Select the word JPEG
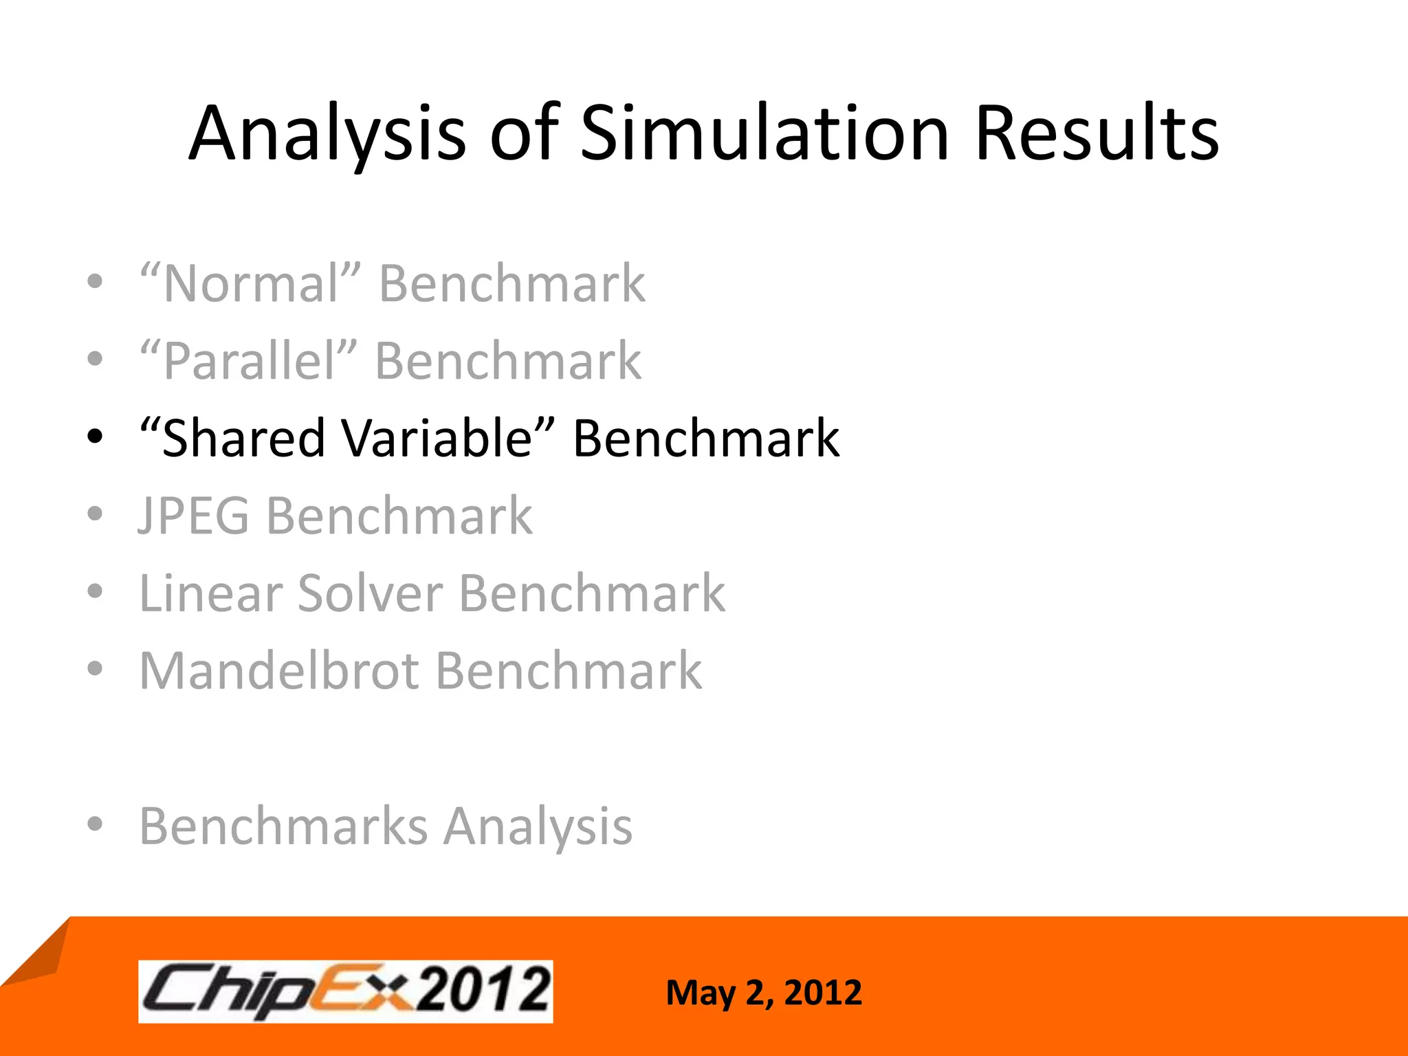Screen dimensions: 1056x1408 pyautogui.click(x=194, y=516)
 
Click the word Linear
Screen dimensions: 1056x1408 pyautogui.click(x=209, y=593)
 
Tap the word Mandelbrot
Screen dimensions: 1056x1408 pyautogui.click(x=279, y=671)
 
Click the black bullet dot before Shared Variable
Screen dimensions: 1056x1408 pyautogui.click(x=95, y=436)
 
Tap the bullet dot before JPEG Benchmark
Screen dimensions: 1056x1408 pyautogui.click(x=95, y=514)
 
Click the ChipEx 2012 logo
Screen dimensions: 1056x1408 pyautogui.click(x=345, y=991)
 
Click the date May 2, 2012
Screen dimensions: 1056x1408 pyautogui.click(x=764, y=993)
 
